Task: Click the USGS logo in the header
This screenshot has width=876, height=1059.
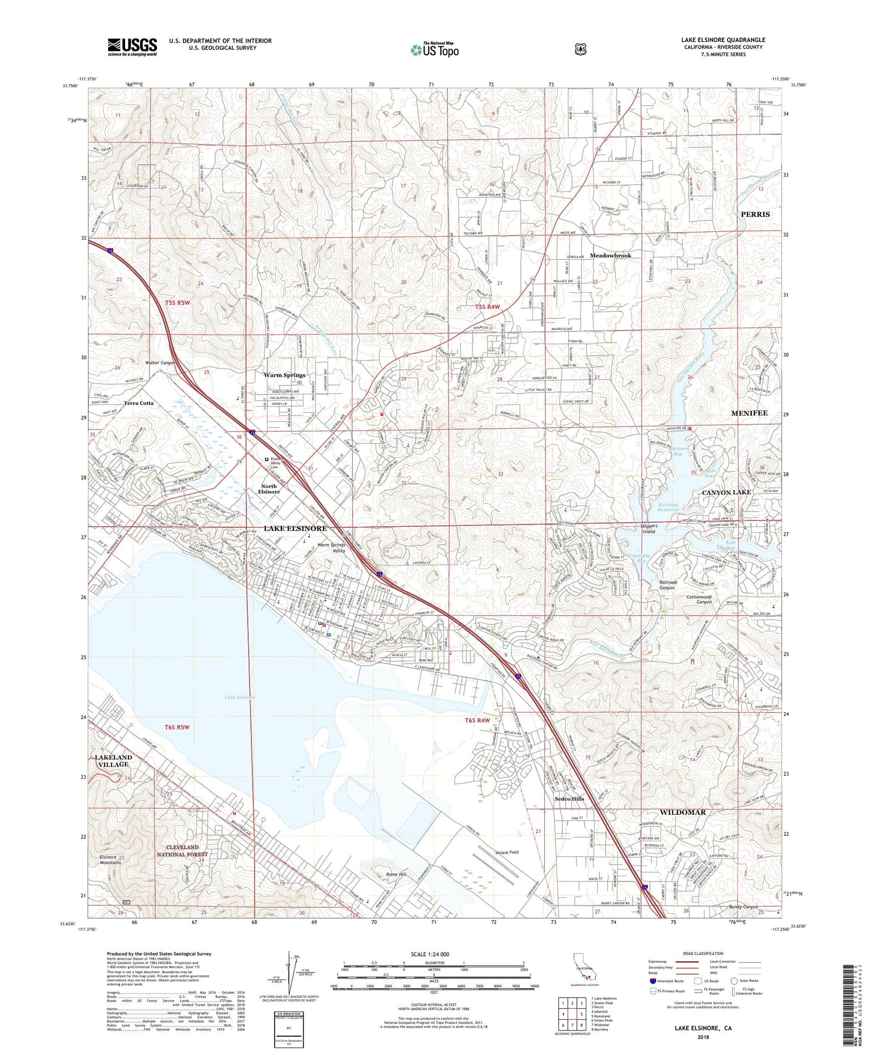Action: (x=132, y=47)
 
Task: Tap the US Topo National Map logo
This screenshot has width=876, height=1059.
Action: (x=434, y=50)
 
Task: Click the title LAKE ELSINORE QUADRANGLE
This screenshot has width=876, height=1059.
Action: (x=722, y=40)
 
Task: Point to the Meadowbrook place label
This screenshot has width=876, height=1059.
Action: (x=610, y=255)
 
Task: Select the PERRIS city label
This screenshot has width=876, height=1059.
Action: (x=755, y=214)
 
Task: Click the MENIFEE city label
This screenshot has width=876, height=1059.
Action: (x=749, y=413)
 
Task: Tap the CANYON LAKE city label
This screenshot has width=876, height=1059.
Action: (x=726, y=492)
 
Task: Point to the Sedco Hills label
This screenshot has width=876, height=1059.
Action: (x=569, y=798)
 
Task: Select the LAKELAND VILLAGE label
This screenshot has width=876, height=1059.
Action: (x=113, y=761)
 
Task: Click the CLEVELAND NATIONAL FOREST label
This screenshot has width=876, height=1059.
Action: (x=182, y=850)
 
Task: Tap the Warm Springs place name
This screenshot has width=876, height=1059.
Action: (x=284, y=375)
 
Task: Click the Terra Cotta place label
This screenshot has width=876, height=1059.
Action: (x=138, y=403)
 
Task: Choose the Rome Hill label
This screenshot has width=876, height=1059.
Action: (x=397, y=874)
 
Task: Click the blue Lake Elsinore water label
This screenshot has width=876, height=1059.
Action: (x=239, y=697)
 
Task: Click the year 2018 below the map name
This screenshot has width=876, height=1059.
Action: (x=703, y=1038)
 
